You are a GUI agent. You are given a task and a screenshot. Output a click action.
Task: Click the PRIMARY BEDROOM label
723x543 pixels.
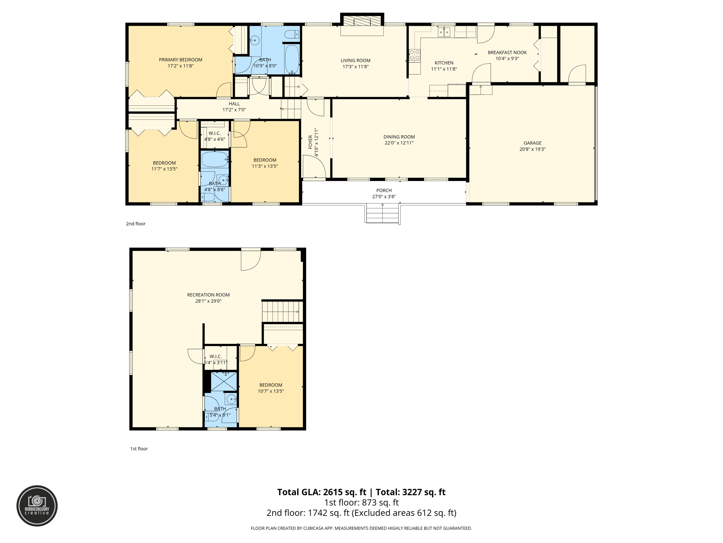[x=180, y=60]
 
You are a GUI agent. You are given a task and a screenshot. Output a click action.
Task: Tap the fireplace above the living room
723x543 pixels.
[x=362, y=21]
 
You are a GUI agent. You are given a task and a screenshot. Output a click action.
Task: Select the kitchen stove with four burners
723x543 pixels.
[x=414, y=55]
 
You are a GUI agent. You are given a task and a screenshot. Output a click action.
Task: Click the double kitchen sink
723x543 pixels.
[x=444, y=33]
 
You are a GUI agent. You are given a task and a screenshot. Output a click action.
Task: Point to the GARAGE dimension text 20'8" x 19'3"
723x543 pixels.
[x=532, y=149]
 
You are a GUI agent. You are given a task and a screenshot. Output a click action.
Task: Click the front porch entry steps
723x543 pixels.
[x=382, y=214]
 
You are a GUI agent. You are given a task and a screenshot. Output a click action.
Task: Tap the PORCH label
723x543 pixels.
[x=384, y=191]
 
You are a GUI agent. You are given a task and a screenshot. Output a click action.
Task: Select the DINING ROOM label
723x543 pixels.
[x=399, y=137]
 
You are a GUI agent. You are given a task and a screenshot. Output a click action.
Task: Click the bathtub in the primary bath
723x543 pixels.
[x=292, y=59]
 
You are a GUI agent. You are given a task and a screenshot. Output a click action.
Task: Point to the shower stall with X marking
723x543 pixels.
[x=223, y=381]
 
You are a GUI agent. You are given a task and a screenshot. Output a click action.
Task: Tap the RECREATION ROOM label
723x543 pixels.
[x=208, y=295]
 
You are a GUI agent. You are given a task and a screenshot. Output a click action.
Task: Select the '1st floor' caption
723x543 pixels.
[x=139, y=449]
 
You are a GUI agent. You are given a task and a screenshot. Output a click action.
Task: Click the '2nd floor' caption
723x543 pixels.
[x=136, y=224]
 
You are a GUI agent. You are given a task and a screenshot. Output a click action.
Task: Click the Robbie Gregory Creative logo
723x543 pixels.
[x=37, y=506]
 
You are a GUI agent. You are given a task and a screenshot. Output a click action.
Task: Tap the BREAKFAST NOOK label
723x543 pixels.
[x=507, y=53]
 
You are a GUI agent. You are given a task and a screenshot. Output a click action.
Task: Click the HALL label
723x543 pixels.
[x=234, y=104]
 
